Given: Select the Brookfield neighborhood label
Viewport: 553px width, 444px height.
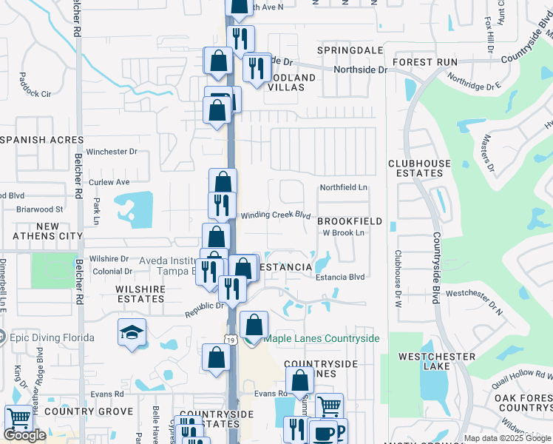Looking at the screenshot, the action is pyautogui.click(x=350, y=221).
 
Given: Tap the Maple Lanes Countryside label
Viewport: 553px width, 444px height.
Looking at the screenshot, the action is pyautogui.click(x=322, y=338).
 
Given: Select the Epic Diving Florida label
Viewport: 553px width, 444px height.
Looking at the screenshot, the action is pyautogui.click(x=52, y=338).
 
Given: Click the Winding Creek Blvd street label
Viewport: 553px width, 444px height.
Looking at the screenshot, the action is pyautogui.click(x=275, y=215).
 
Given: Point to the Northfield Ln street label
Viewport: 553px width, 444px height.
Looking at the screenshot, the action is pyautogui.click(x=343, y=188).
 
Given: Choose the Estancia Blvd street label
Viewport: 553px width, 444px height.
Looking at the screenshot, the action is pyautogui.click(x=341, y=277).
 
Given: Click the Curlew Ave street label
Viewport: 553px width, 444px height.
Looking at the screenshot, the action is pyautogui.click(x=109, y=182).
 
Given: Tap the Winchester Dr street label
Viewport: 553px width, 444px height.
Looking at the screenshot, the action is pyautogui.click(x=112, y=152).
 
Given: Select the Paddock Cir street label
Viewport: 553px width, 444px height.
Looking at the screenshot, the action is pyautogui.click(x=35, y=94).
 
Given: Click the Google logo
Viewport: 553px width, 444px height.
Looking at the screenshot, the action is pyautogui.click(x=24, y=435).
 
